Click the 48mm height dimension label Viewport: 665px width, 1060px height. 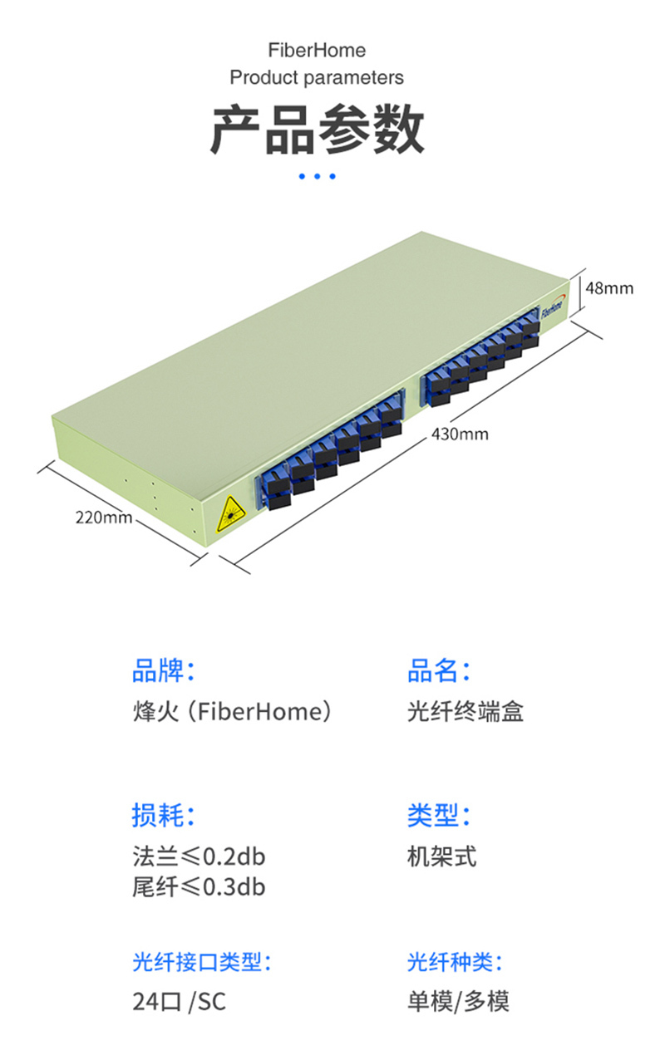(608, 288)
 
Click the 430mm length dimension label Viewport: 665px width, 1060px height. (460, 434)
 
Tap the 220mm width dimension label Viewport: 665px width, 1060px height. (104, 517)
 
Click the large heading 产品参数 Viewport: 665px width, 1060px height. (317, 130)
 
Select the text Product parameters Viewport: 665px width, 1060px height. (317, 78)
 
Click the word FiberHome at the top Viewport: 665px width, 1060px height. (317, 51)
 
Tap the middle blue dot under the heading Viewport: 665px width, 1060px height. (317, 176)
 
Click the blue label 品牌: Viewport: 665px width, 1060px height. (164, 670)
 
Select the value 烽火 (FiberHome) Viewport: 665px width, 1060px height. (232, 712)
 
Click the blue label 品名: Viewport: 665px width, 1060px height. (439, 670)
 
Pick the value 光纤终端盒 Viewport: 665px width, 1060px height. (465, 712)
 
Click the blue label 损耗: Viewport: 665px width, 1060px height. (164, 815)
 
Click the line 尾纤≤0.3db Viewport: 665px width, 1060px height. (199, 887)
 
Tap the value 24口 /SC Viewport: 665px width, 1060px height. (179, 1002)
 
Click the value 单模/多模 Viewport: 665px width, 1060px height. (457, 1002)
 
